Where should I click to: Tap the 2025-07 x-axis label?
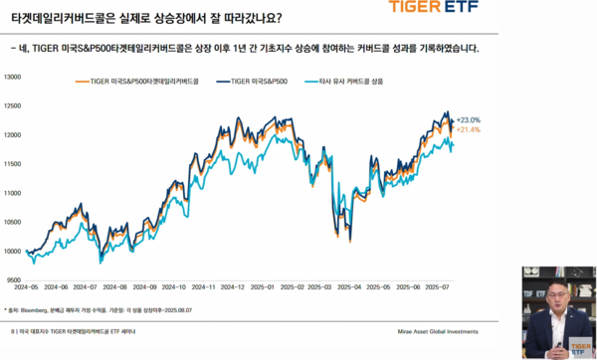tap(438, 285)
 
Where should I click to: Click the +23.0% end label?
tap(470, 120)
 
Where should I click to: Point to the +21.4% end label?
tap(470, 130)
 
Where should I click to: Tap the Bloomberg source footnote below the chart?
tap(90, 310)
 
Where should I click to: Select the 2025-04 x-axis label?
tap(349, 285)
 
